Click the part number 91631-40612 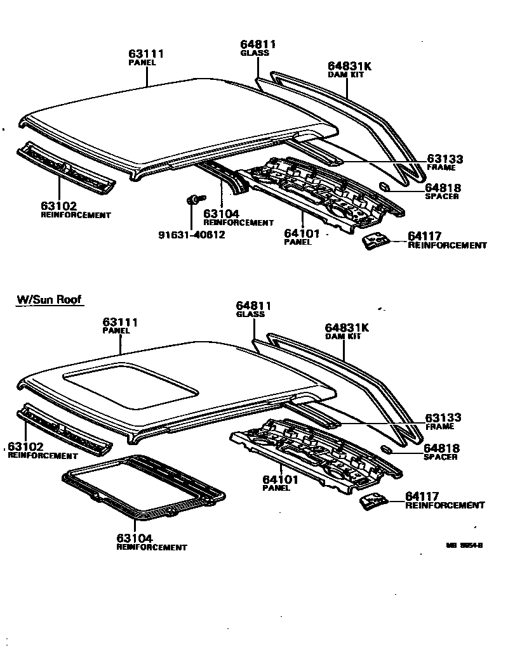tap(191, 235)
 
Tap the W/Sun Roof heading tap(49, 299)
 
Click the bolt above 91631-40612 tap(192, 200)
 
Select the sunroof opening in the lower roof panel tap(130, 386)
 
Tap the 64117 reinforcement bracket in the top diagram tap(375, 242)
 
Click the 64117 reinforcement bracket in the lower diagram tap(373, 501)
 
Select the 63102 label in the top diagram tap(58, 206)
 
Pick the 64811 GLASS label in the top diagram tap(258, 44)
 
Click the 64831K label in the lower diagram tap(347, 328)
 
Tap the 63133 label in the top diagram tap(444, 160)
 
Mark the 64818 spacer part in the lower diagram tap(385, 449)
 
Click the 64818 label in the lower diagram tap(442, 448)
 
